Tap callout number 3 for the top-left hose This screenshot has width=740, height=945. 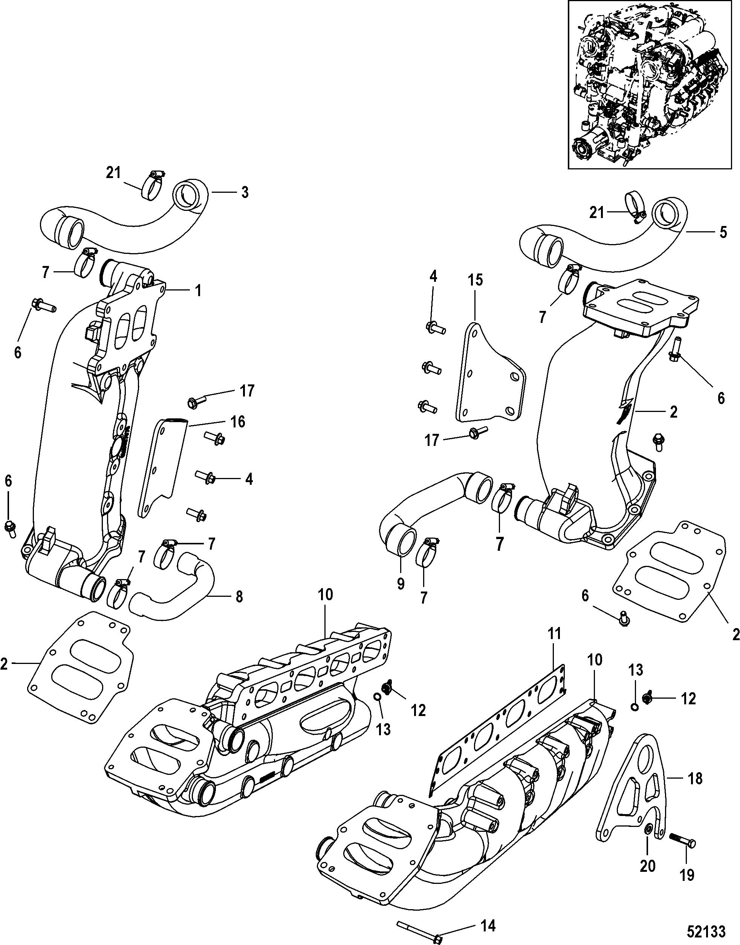tap(245, 192)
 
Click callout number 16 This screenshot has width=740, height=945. tap(238, 421)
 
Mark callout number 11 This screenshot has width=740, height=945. tap(554, 634)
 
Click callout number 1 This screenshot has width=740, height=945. tap(197, 291)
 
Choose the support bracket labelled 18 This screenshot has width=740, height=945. tap(633, 789)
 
